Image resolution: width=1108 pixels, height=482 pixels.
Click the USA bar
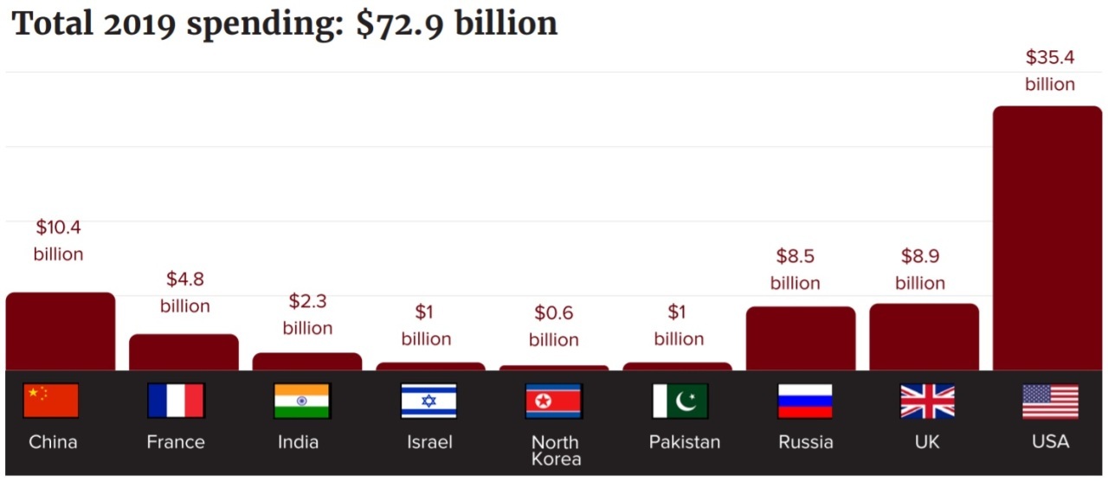(x=1047, y=238)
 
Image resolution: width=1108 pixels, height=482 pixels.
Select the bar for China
(x=60, y=331)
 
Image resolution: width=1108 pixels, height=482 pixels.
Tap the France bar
(x=184, y=352)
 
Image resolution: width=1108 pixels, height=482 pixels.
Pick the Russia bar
(x=800, y=338)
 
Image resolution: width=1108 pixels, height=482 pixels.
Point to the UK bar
(x=924, y=337)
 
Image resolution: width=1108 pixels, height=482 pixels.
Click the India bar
(x=307, y=362)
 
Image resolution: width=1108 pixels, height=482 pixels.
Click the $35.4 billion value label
(x=1049, y=71)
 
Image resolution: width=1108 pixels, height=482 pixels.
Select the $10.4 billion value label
(x=59, y=241)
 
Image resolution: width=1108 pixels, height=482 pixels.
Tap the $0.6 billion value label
(x=554, y=326)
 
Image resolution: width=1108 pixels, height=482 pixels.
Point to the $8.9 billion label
(x=919, y=269)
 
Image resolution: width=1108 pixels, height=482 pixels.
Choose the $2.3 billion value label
(x=307, y=315)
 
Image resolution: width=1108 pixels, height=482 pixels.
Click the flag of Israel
(x=428, y=402)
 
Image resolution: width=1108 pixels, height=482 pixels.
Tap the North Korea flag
(x=554, y=402)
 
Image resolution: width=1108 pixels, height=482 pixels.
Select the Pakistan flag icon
(x=680, y=402)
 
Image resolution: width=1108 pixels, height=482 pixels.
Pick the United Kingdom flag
(x=927, y=402)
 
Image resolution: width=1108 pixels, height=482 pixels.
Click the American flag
(x=1050, y=402)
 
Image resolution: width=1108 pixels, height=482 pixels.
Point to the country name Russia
(x=805, y=442)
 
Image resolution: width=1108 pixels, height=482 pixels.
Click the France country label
(x=176, y=442)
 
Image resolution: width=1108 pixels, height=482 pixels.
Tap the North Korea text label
(x=555, y=451)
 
